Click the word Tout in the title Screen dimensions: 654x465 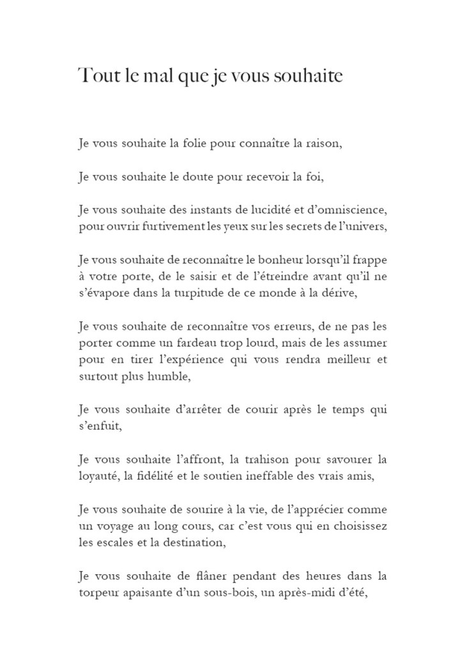tap(95, 76)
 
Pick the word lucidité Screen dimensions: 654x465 tap(263, 209)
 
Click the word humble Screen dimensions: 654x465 tap(169, 376)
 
